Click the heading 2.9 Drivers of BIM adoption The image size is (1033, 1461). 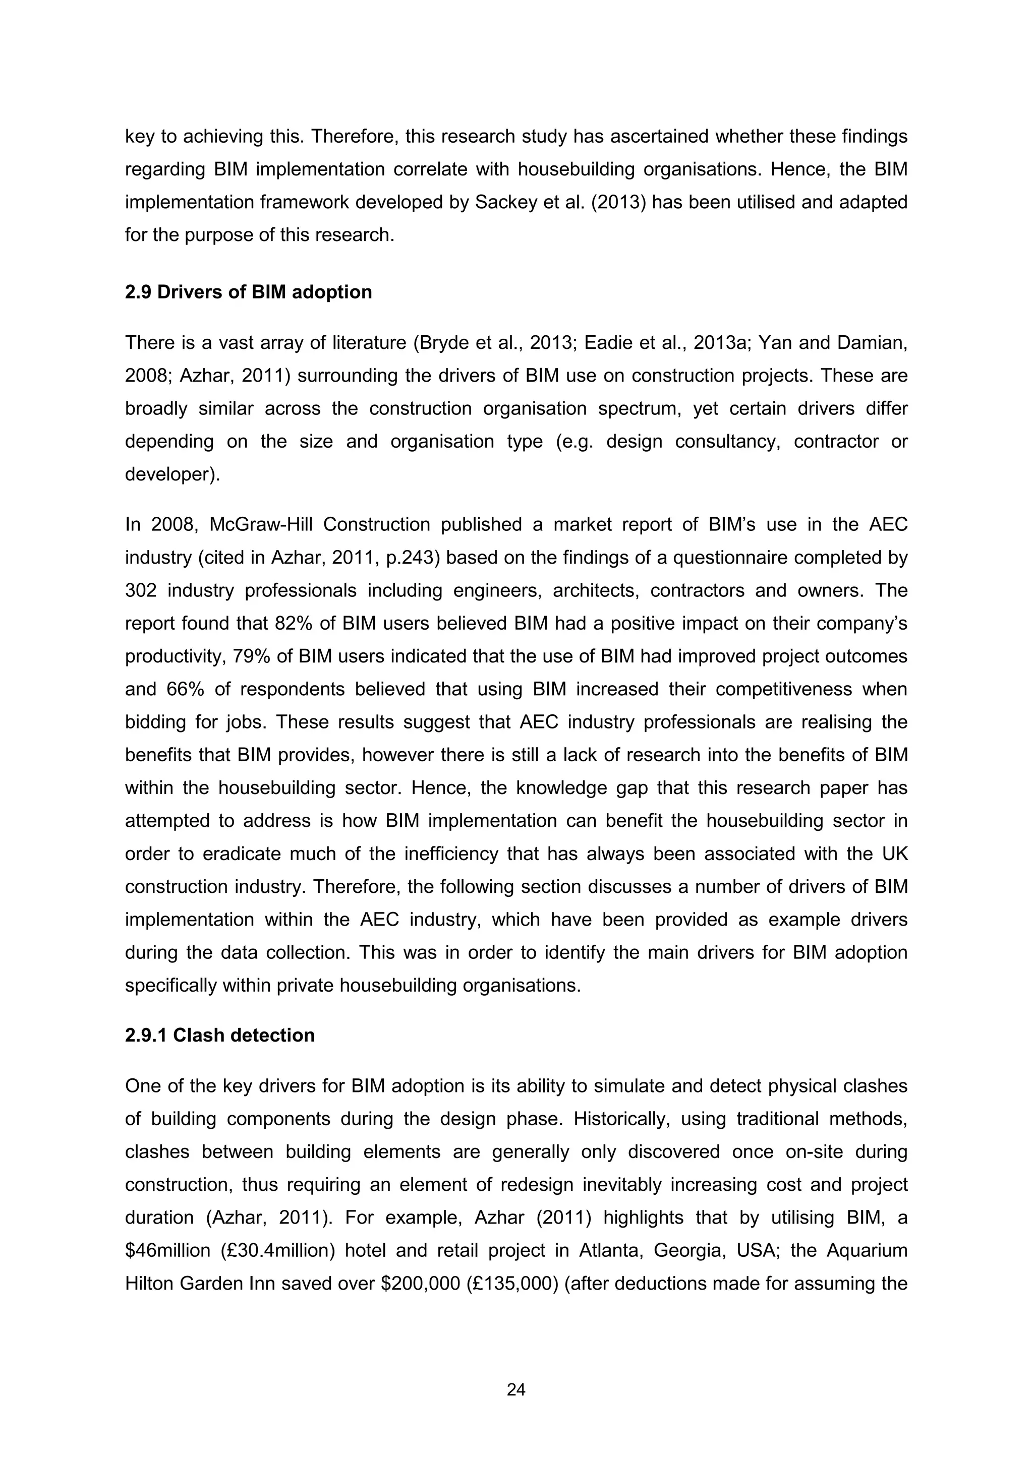pos(248,292)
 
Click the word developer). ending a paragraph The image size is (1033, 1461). pos(173,474)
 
